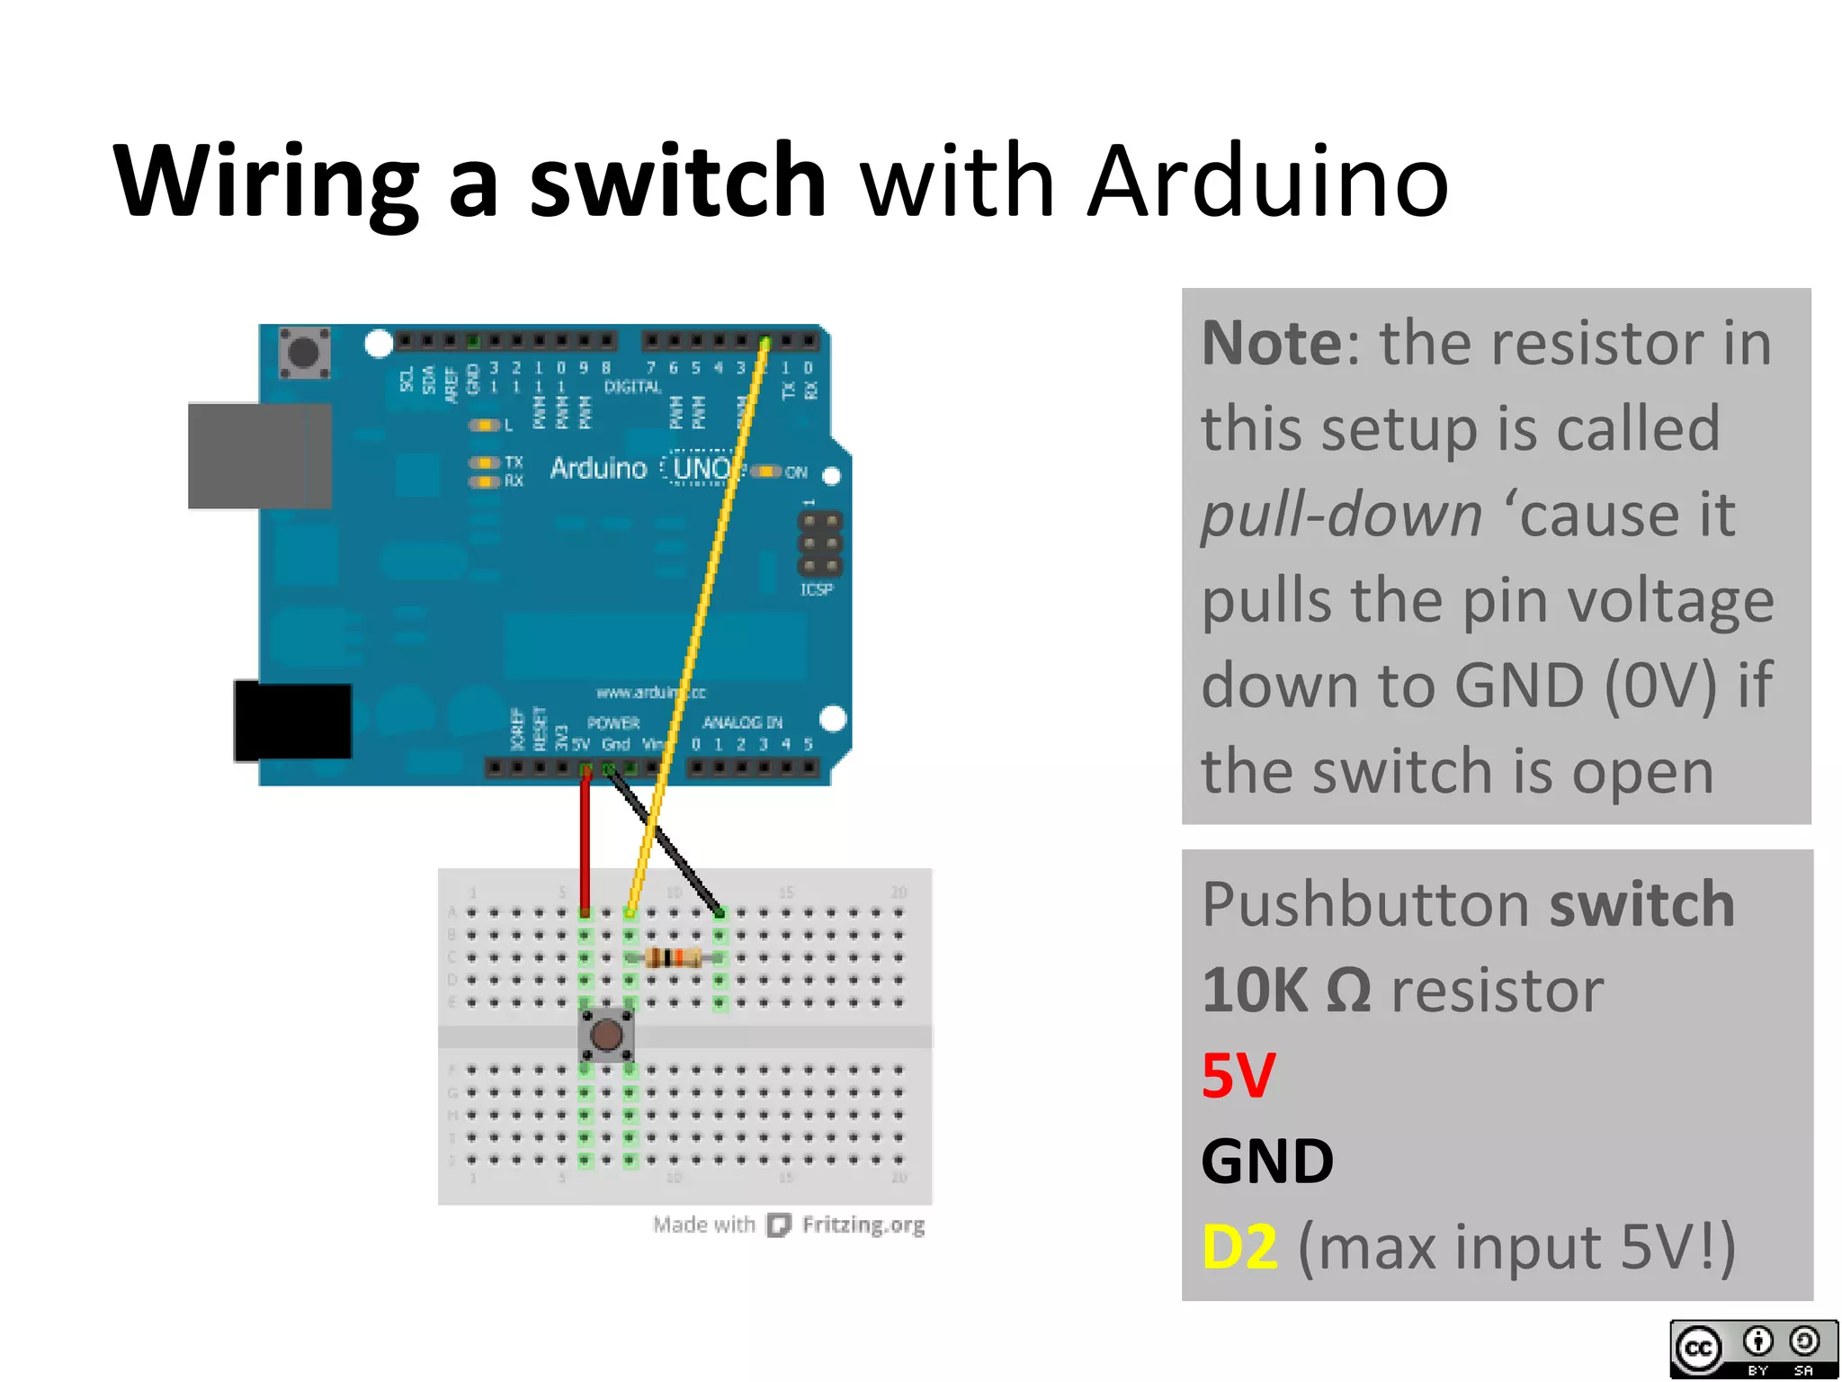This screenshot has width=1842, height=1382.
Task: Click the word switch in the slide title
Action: tap(676, 181)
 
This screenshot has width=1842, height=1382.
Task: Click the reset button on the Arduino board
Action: tap(304, 352)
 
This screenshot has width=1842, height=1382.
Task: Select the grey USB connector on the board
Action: tap(258, 456)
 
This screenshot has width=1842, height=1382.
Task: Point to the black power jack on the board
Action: tap(292, 722)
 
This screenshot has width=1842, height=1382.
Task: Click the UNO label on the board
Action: tap(702, 468)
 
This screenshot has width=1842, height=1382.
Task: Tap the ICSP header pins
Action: tap(819, 543)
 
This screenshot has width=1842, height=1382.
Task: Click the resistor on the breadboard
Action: tap(673, 957)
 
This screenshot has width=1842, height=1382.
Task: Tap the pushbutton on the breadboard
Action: tap(606, 1035)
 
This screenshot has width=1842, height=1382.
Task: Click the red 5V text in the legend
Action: tap(1238, 1076)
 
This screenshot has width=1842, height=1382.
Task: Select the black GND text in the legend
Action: tap(1267, 1162)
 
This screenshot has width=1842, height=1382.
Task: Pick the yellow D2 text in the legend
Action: tap(1239, 1247)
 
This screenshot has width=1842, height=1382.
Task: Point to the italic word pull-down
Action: tap(1340, 516)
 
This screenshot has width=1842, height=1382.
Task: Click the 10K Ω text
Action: tap(1285, 991)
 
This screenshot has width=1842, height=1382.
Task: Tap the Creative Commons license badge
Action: tap(1753, 1349)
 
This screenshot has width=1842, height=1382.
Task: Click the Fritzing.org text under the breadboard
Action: tap(863, 1225)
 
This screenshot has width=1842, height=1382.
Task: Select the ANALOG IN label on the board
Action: tap(742, 722)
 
